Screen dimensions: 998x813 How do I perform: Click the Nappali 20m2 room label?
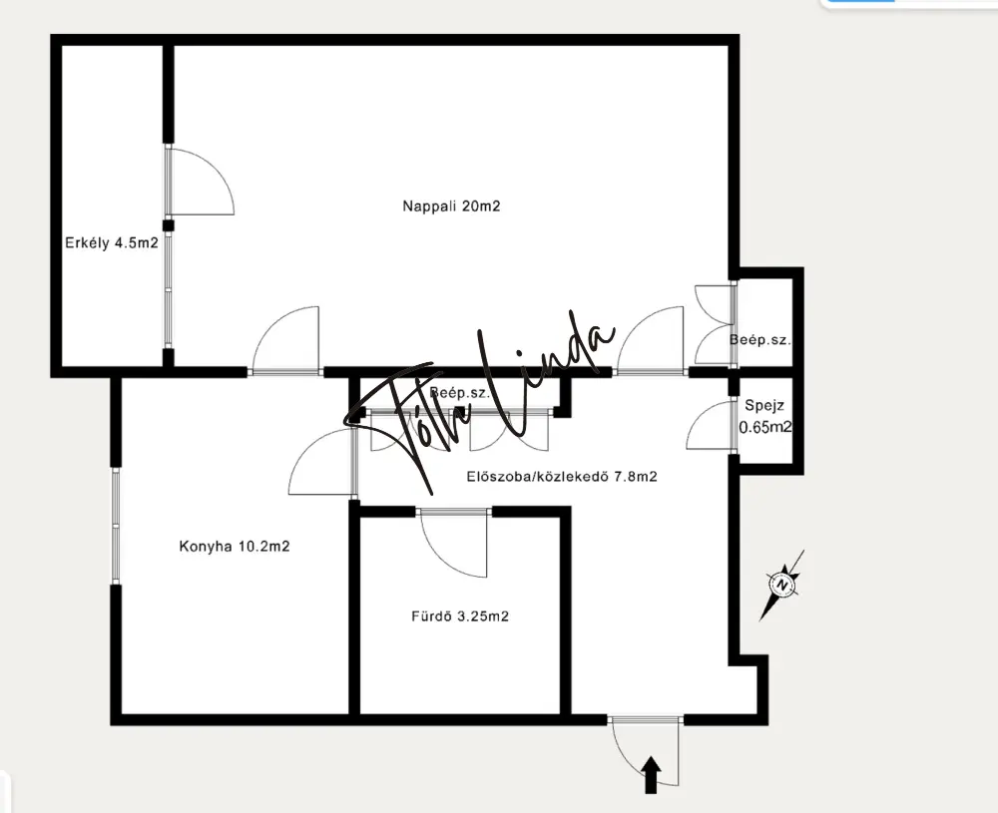coord(451,206)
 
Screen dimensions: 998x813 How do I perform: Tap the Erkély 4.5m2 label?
coord(112,242)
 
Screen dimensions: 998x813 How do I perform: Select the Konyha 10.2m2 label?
coord(235,546)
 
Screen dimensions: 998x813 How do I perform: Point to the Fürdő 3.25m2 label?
coord(459,615)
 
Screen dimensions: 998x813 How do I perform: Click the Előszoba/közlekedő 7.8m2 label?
coord(561,476)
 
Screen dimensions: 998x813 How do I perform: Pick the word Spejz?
coord(764,406)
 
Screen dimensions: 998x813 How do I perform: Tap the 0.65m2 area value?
coord(765,428)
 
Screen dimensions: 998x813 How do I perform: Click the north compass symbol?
coord(782,584)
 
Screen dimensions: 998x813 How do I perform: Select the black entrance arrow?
coord(651,775)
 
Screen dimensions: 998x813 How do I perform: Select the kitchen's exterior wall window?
coord(116,526)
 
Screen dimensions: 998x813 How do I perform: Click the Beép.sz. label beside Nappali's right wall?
coord(759,340)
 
